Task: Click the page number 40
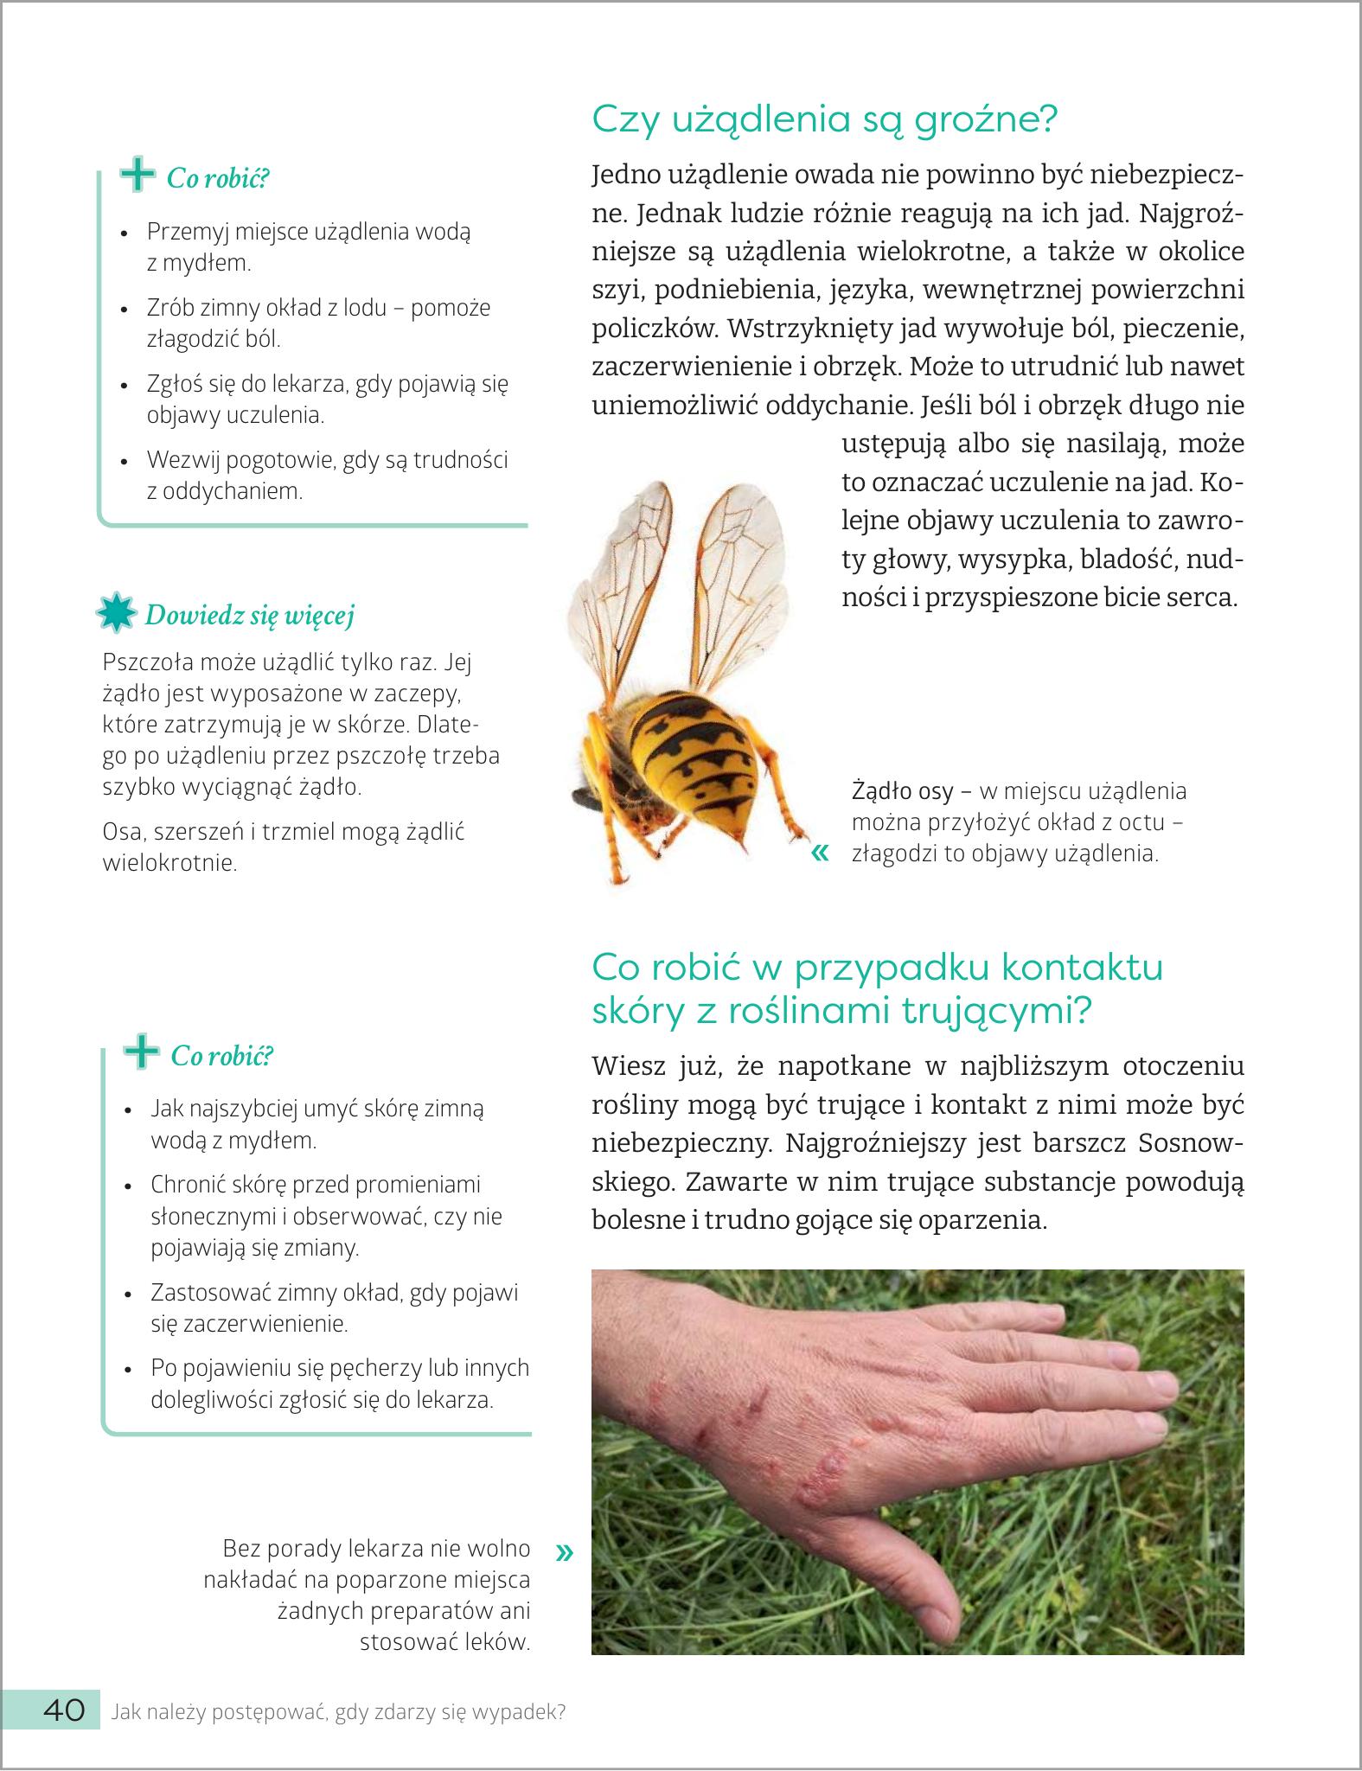64,1710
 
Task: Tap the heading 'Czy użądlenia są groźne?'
824,119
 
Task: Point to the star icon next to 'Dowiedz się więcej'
117,613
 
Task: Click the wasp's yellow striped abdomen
691,753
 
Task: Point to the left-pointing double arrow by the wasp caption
820,854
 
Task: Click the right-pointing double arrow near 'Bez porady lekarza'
565,1552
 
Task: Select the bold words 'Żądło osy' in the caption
903,790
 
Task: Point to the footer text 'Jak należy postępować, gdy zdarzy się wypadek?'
338,1711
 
